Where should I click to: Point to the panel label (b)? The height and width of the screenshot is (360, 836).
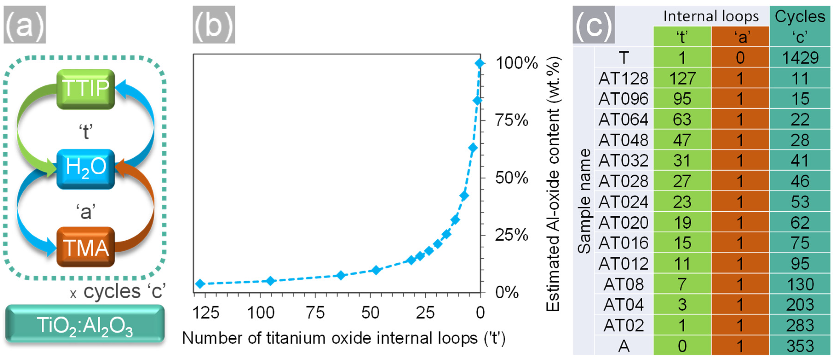[214, 25]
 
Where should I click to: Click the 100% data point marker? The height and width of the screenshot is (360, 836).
[480, 63]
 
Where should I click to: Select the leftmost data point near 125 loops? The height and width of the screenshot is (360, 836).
[200, 283]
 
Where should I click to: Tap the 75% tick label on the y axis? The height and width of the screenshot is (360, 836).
[512, 121]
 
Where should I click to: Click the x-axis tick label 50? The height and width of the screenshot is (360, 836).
[370, 313]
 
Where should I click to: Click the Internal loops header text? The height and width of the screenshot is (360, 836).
[711, 16]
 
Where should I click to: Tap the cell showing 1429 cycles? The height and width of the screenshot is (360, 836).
[800, 58]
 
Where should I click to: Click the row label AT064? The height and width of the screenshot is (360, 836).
[623, 119]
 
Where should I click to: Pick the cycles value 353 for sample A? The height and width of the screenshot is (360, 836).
[800, 346]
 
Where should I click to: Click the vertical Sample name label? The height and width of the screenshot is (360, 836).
[584, 201]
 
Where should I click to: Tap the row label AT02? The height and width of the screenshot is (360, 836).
[623, 325]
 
